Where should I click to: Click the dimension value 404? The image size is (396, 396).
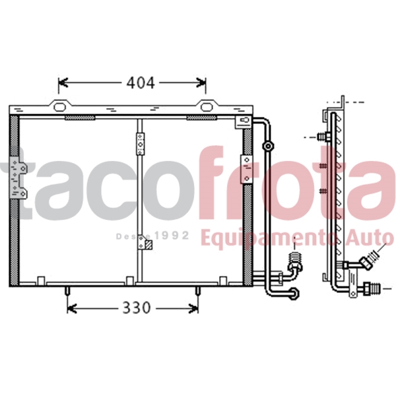tap(141, 82)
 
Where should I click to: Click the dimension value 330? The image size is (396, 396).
tap(135, 308)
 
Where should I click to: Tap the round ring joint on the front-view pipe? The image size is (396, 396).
tap(267, 147)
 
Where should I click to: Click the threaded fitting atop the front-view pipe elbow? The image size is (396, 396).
tap(295, 256)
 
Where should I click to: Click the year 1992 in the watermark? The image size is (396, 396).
tap(173, 236)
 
